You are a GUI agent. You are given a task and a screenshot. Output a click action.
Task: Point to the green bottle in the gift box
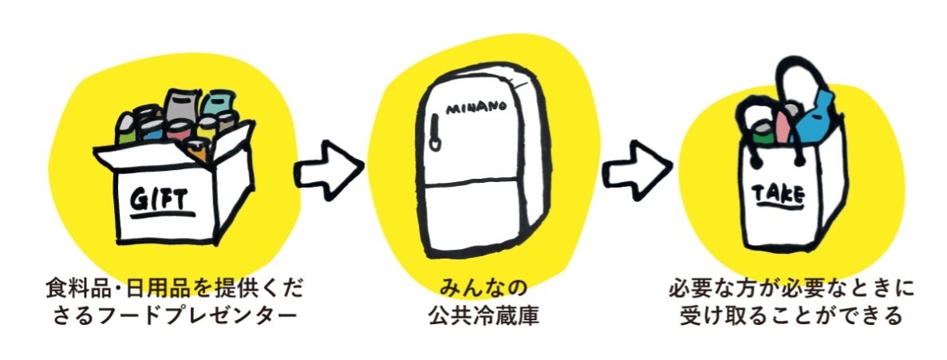point(127,128)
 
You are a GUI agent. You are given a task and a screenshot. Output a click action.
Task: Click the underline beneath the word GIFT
point(163,213)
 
